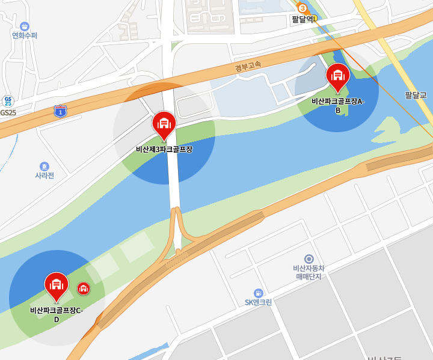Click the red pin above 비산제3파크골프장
tap(164, 123)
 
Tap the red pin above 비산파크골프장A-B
tap(337, 75)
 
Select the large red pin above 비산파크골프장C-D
tap(57, 284)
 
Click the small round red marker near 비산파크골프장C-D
tap(84, 288)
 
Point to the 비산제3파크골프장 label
tap(164, 149)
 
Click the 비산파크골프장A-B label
tap(338, 106)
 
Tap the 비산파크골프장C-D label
tap(57, 314)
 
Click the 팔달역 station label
tap(304, 19)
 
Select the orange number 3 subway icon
tap(302, 8)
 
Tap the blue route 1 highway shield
tap(60, 111)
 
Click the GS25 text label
tap(8, 112)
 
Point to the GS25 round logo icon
tap(8, 100)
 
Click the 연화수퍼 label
tap(25, 35)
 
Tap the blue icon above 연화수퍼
tap(25, 26)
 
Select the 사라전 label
tap(45, 175)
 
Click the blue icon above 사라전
tap(44, 166)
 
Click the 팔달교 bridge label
tap(416, 95)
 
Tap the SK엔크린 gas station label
tap(258, 302)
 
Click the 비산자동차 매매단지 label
tap(309, 272)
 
